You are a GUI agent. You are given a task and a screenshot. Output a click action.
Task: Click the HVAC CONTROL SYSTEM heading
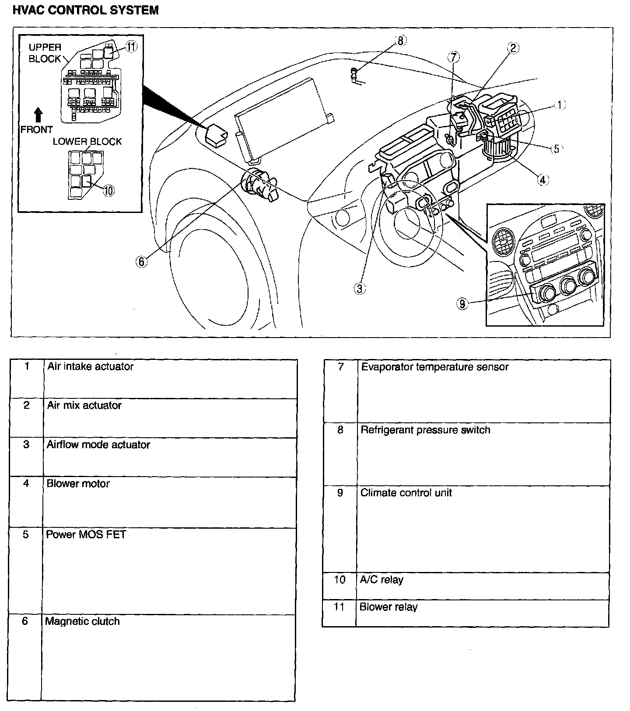pyautogui.click(x=86, y=10)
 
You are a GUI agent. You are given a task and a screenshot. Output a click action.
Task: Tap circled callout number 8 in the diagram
pyautogui.click(x=400, y=41)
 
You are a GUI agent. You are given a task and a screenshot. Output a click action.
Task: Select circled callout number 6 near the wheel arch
pyautogui.click(x=141, y=261)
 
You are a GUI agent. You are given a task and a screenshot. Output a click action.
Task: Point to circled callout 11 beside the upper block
pyautogui.click(x=132, y=47)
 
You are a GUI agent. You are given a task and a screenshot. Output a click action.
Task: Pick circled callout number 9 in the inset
pyautogui.click(x=462, y=303)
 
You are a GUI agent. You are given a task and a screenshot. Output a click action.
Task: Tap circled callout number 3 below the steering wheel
pyautogui.click(x=359, y=289)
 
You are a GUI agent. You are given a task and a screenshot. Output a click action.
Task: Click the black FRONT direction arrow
pyautogui.click(x=38, y=115)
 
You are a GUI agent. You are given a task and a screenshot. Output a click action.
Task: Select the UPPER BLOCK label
pyautogui.click(x=45, y=53)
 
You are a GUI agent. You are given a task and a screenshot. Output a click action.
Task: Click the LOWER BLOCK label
pyautogui.click(x=87, y=142)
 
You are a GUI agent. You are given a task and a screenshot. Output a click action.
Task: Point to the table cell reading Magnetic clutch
pyautogui.click(x=82, y=621)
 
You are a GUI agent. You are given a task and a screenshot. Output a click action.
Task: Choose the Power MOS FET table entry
pyautogui.click(x=86, y=534)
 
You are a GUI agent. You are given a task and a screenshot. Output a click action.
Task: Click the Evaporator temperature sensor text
pyautogui.click(x=434, y=367)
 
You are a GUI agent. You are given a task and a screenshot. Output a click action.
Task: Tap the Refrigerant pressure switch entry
pyautogui.click(x=425, y=430)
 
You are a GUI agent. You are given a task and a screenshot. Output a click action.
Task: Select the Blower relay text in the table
pyautogui.click(x=388, y=607)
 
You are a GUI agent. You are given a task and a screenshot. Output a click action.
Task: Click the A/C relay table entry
pyautogui.click(x=381, y=580)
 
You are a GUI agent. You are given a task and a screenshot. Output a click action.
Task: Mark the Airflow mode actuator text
pyautogui.click(x=98, y=445)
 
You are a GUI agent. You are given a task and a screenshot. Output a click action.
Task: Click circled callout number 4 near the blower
pyautogui.click(x=542, y=179)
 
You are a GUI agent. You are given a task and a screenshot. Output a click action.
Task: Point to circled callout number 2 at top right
pyautogui.click(x=513, y=48)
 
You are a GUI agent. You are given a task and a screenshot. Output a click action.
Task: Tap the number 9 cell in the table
pyautogui.click(x=340, y=493)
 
